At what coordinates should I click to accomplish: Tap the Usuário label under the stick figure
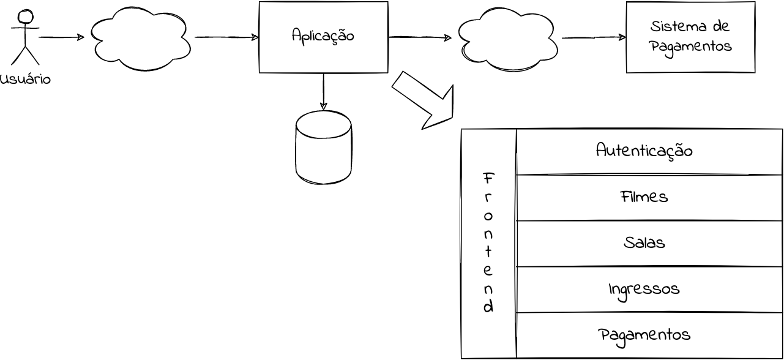pyautogui.click(x=25, y=79)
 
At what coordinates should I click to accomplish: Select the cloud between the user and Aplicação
pyautogui.click(x=140, y=38)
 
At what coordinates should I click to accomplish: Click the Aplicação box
pyautogui.click(x=323, y=37)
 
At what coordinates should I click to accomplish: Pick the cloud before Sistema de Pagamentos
pyautogui.click(x=507, y=39)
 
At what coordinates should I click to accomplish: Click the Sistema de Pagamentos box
pyautogui.click(x=690, y=37)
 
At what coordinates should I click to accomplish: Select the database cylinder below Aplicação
pyautogui.click(x=323, y=147)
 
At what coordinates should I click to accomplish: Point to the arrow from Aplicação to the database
pyautogui.click(x=323, y=92)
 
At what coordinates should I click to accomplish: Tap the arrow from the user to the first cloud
pyautogui.click(x=61, y=37)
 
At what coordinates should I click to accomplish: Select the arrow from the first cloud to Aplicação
pyautogui.click(x=226, y=37)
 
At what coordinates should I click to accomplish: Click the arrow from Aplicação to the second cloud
pyautogui.click(x=420, y=37)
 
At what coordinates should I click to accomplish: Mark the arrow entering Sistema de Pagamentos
pyautogui.click(x=594, y=37)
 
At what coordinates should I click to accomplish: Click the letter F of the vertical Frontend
pyautogui.click(x=488, y=179)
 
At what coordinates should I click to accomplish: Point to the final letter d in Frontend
pyautogui.click(x=488, y=307)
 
